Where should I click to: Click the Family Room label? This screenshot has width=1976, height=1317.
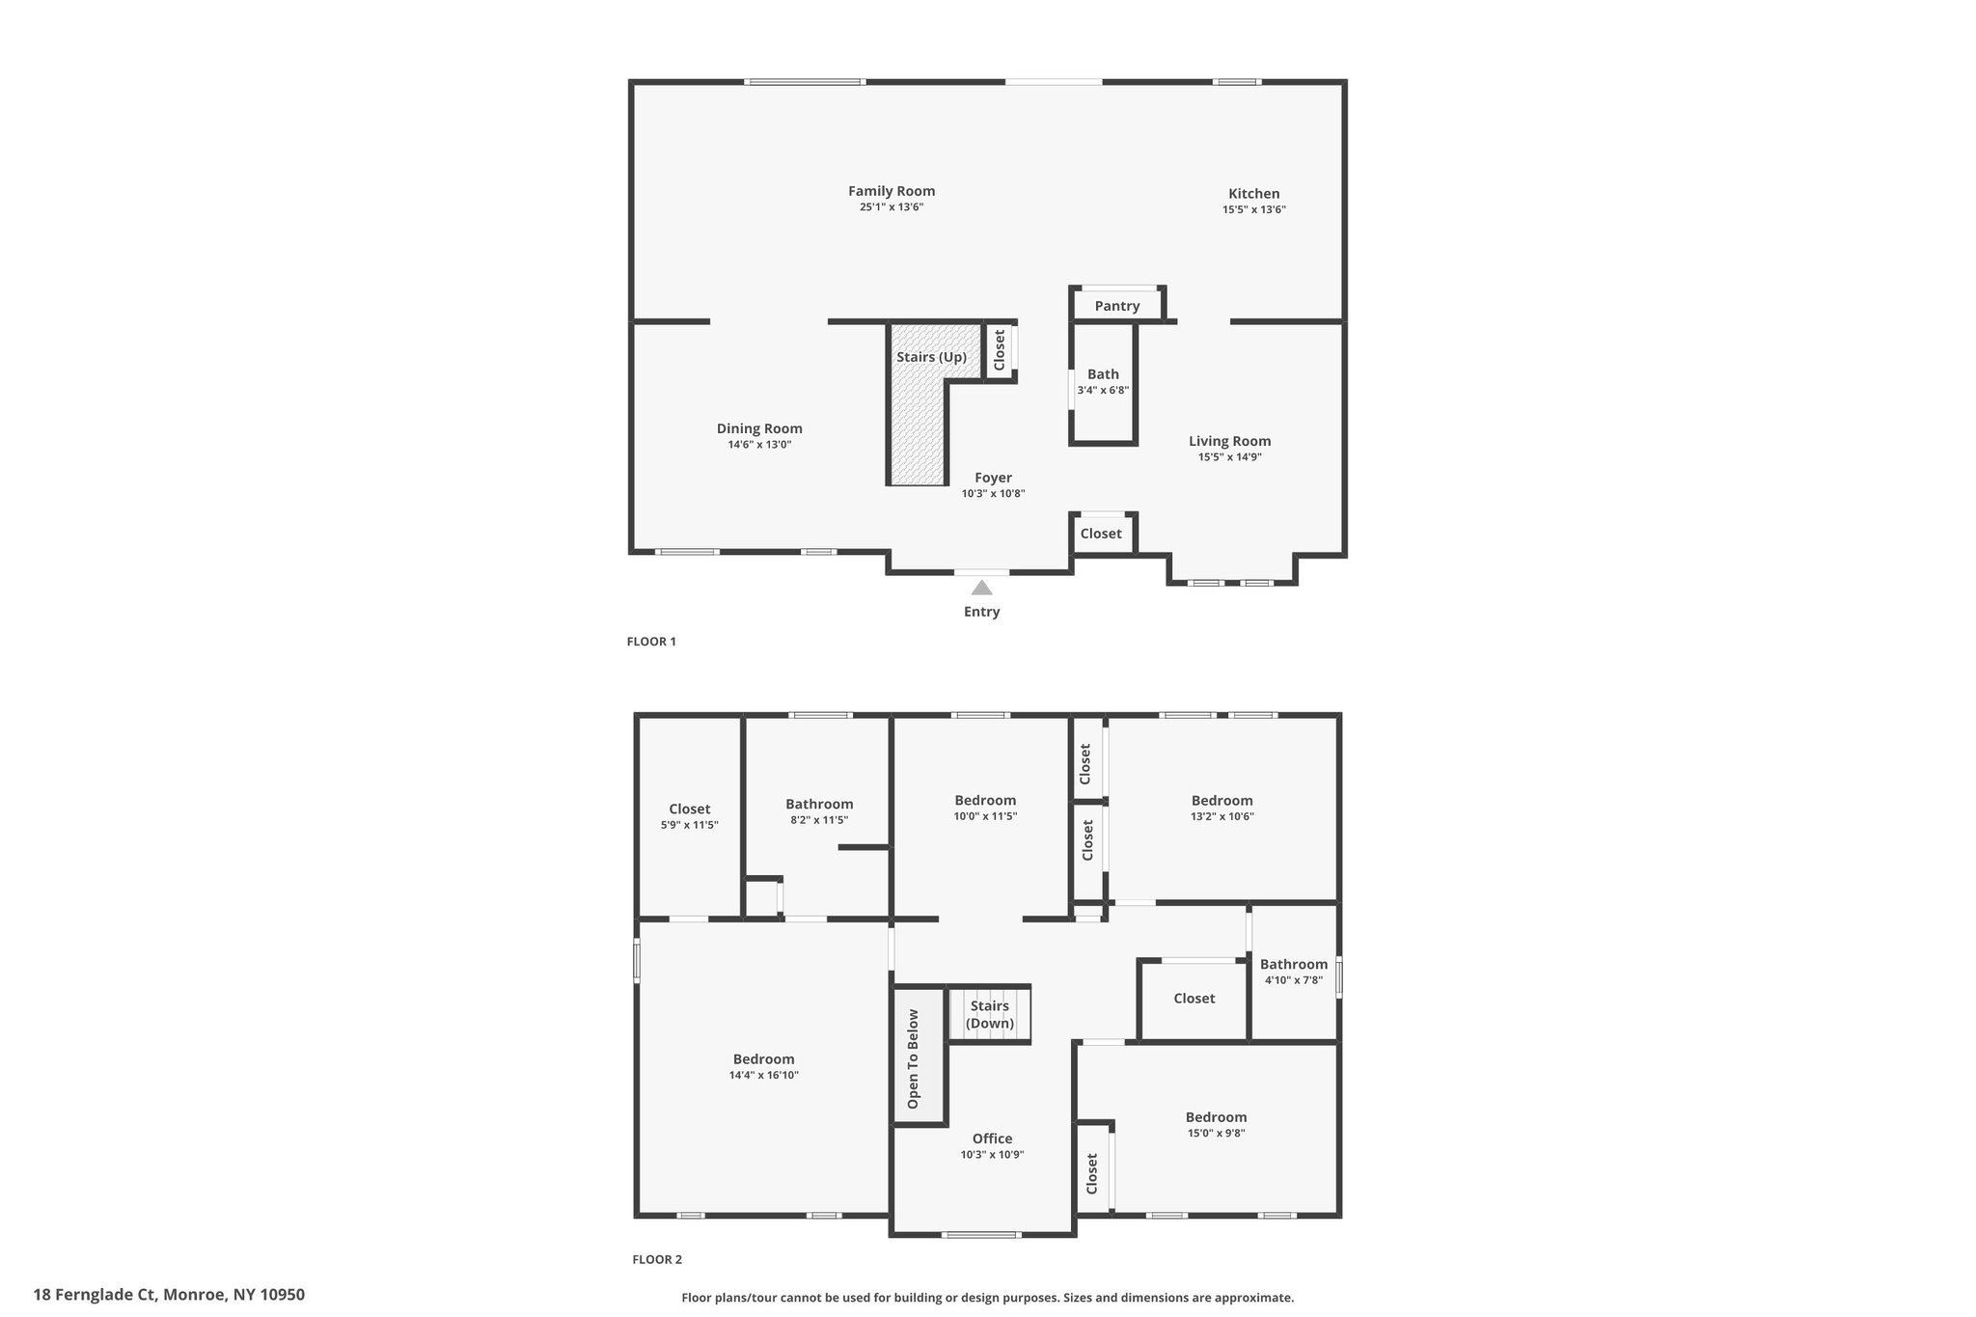892,191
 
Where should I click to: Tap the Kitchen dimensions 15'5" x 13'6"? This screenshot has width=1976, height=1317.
1254,209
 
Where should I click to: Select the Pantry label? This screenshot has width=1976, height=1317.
1117,306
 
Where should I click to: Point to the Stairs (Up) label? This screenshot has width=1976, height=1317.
931,357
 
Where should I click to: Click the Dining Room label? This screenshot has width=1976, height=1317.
759,428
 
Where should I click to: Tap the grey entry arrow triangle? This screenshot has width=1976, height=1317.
981,587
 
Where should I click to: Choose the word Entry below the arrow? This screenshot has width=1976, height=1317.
981,612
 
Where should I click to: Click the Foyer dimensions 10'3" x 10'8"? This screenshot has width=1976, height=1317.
993,494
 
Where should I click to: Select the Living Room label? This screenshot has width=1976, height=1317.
1229,441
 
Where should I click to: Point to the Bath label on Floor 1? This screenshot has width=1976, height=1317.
1103,374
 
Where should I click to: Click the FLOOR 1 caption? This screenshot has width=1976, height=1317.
651,642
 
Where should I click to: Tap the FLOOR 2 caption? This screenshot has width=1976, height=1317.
657,1259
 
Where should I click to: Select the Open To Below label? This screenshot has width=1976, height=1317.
913,1058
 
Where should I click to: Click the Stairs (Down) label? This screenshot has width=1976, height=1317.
990,1014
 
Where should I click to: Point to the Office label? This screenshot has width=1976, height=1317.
992,1139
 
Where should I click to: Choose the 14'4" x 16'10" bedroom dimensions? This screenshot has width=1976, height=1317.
763,1075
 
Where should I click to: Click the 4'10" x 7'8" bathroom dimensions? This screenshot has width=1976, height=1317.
1293,980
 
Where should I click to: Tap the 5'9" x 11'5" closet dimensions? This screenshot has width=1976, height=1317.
689,825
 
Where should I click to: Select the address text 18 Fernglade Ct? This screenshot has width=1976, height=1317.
96,1295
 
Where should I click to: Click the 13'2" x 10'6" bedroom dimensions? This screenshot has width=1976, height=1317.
1221,816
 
